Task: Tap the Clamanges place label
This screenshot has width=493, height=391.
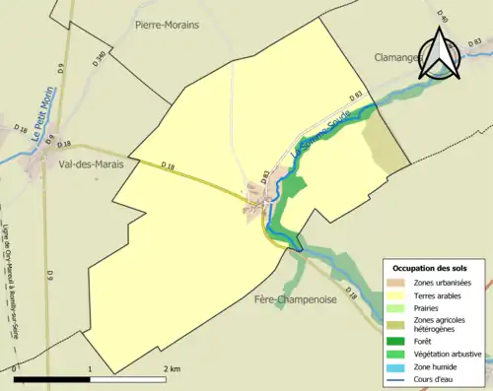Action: [398, 57]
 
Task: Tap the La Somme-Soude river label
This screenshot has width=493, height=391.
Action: [319, 137]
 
